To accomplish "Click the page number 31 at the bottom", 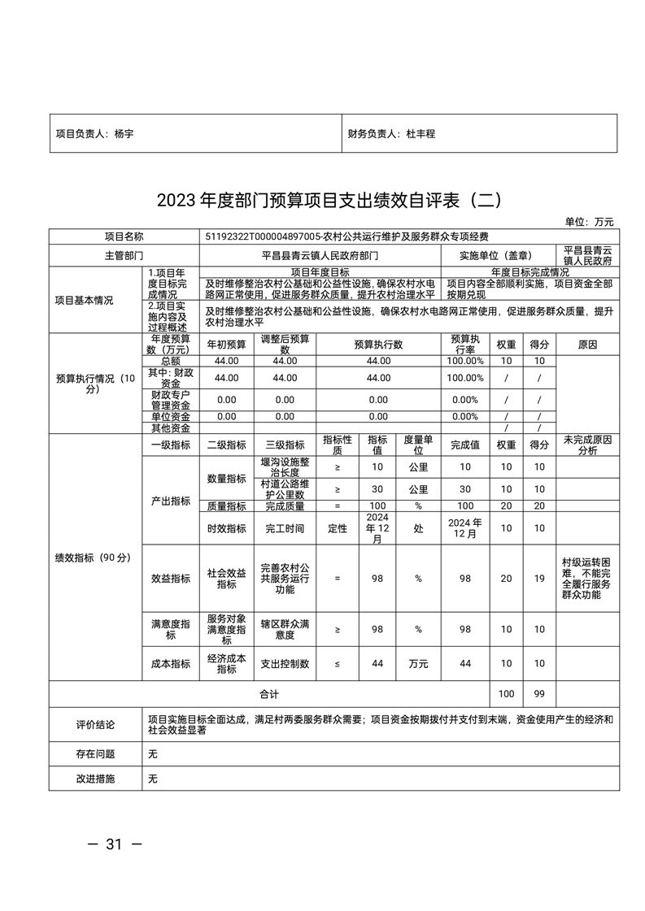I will [114, 844].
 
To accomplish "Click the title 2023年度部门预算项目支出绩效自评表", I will [322, 200].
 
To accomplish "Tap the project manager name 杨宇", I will [124, 133].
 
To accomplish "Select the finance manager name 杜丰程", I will [421, 133].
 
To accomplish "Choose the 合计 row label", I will [268, 694].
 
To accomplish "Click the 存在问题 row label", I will [96, 754].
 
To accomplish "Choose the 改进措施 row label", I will [96, 779].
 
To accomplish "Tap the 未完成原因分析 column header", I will [587, 445].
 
